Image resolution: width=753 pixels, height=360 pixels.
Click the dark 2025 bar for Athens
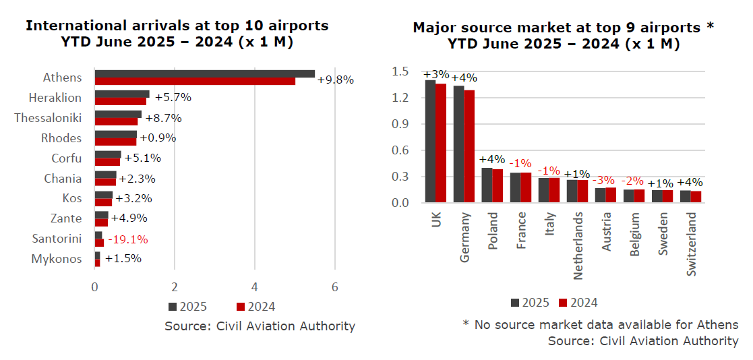tap(204, 73)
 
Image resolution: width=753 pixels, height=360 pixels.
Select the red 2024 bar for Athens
tap(195, 82)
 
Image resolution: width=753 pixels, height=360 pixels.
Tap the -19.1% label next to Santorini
tap(127, 239)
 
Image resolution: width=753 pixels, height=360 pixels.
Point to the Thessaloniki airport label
tap(48, 118)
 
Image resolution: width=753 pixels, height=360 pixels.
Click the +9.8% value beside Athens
tap(335, 79)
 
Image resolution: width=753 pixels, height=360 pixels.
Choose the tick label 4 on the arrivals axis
tap(255, 285)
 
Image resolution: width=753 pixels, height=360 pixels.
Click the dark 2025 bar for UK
tap(430, 141)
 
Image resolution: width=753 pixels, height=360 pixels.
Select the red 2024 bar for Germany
tap(469, 146)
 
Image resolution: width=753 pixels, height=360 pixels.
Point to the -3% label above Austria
tap(604, 181)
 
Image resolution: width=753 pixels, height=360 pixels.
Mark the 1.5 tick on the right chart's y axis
tap(400, 71)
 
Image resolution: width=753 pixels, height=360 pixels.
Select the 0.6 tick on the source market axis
tap(400, 150)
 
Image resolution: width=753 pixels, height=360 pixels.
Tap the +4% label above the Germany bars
tap(463, 77)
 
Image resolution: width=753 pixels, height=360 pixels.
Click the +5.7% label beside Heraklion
tap(173, 97)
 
